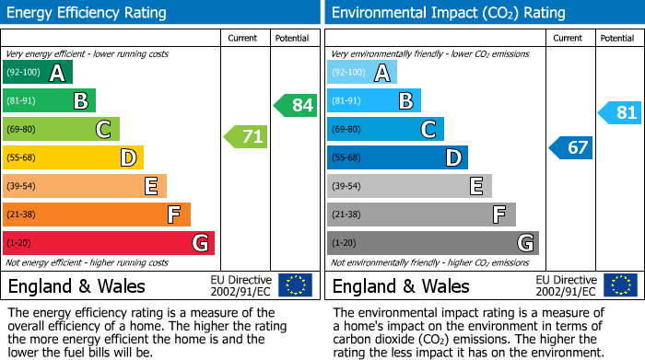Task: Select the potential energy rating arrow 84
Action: [296, 105]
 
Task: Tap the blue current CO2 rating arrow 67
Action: [571, 147]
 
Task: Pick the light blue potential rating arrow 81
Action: [620, 113]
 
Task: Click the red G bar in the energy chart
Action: [109, 243]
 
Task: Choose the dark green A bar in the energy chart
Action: [38, 73]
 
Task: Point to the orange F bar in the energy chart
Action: [97, 215]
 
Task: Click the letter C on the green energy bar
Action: [104, 130]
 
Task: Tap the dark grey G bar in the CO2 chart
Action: [433, 243]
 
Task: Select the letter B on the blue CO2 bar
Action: [405, 101]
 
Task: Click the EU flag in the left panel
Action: [295, 285]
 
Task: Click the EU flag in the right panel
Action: [620, 285]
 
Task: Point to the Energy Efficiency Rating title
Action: [88, 13]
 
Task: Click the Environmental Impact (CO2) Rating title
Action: [448, 13]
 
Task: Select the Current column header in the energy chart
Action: [243, 38]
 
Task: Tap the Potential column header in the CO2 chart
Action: [616, 38]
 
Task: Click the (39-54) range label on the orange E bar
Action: [23, 187]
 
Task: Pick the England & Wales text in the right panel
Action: [401, 285]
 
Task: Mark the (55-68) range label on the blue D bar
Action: [348, 158]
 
